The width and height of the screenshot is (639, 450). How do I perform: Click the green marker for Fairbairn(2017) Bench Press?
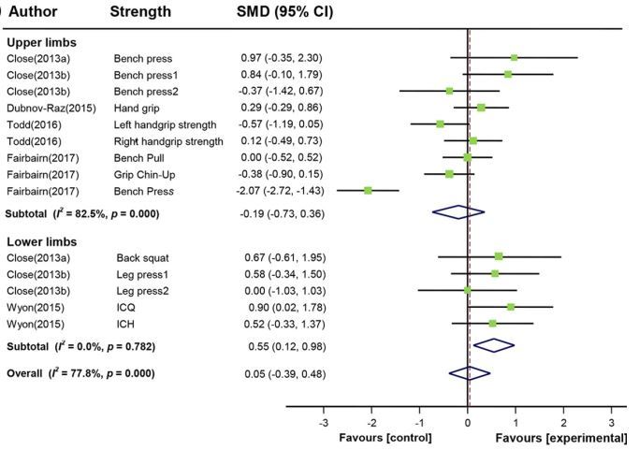368,190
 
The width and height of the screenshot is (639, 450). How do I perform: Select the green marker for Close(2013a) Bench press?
514,58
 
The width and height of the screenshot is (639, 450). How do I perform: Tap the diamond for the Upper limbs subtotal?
457,212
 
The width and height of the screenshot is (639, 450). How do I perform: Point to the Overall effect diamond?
470,372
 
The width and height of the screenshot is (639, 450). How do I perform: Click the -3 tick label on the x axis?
325,422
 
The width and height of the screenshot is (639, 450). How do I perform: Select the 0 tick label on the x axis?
468,422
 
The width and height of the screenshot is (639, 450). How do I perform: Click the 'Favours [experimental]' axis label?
561,438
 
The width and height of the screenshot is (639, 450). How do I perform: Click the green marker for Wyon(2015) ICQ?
511,306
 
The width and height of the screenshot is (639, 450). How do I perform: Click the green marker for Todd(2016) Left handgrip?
440,123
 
